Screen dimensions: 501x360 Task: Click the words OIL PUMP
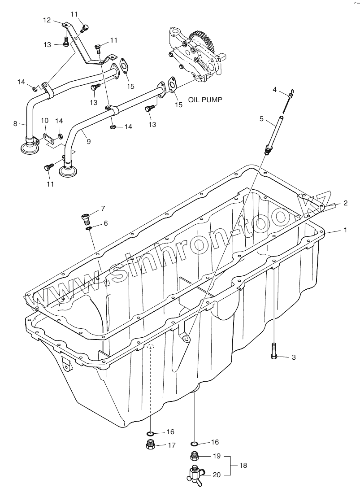(204, 100)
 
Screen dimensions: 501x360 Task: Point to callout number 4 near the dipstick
(275, 90)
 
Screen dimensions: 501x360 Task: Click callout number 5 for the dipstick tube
(261, 119)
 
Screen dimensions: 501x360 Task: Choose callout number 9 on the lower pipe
(88, 141)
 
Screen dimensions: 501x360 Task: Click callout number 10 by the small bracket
(44, 121)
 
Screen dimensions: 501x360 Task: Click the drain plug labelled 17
(151, 445)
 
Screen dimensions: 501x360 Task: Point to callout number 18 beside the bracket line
(243, 465)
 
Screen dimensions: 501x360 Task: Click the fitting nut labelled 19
(195, 456)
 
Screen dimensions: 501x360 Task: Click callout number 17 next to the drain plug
(171, 445)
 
